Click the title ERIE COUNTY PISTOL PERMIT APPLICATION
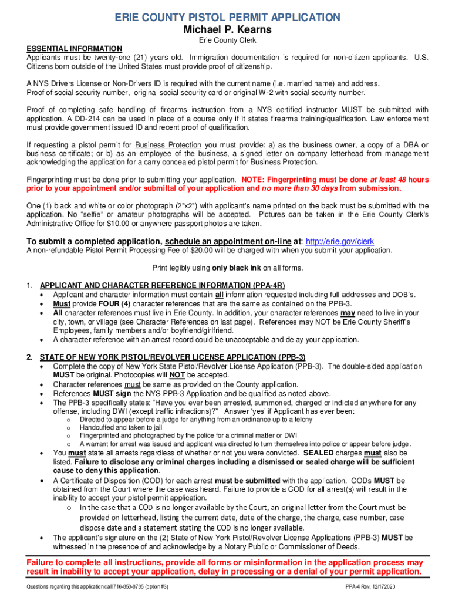(x=227, y=18)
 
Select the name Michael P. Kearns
(x=227, y=29)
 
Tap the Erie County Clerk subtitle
(x=227, y=40)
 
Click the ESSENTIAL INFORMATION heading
(x=74, y=49)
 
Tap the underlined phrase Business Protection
(x=168, y=145)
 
